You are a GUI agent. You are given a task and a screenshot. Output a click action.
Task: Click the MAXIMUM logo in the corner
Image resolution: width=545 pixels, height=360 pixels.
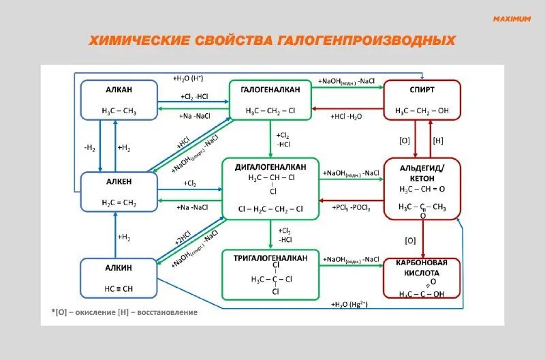tap(512, 19)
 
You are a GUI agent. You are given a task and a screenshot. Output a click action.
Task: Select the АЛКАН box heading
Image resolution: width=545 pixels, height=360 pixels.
tap(119, 90)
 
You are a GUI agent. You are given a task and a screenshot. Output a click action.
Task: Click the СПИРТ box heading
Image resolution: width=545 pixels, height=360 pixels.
tap(422, 90)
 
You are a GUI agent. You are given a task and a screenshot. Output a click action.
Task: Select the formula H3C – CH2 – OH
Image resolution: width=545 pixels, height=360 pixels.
tap(422, 110)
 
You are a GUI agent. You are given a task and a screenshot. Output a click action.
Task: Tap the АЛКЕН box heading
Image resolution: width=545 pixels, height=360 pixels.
tap(119, 181)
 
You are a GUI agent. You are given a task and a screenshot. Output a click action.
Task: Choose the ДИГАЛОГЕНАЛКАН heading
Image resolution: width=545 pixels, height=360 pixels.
tap(271, 167)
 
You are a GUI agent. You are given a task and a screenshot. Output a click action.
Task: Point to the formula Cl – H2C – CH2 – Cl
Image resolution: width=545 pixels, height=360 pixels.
tap(271, 209)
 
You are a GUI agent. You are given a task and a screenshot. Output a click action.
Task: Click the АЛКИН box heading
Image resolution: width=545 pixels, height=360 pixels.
tap(119, 267)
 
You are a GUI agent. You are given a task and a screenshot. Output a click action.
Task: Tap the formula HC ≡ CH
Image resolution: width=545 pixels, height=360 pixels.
tap(119, 288)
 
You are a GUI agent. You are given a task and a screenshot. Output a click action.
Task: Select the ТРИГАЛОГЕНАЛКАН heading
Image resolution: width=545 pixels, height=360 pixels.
tap(271, 258)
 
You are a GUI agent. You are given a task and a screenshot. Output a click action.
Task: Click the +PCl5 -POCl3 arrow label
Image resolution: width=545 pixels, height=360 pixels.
tap(352, 207)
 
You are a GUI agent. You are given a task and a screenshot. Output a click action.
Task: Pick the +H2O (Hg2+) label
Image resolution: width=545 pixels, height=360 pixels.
tap(349, 304)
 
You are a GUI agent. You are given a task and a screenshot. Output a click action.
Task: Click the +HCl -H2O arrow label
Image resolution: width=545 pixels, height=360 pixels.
tap(347, 116)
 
